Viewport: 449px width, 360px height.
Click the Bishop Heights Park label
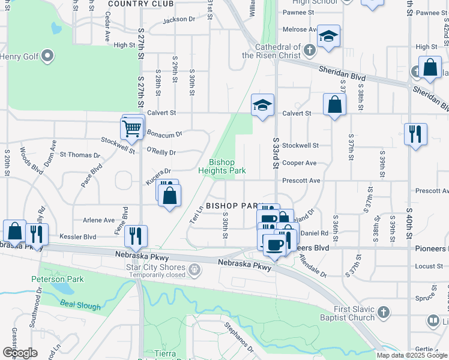pyautogui.click(x=227, y=166)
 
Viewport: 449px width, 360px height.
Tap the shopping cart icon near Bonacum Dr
pyautogui.click(x=132, y=127)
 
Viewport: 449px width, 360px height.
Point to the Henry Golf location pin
pyautogui.click(x=48, y=57)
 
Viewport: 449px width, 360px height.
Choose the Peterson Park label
pyautogui.click(x=58, y=279)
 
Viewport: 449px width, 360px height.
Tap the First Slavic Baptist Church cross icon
pyautogui.click(x=384, y=313)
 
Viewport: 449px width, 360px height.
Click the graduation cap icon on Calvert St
pyautogui.click(x=262, y=105)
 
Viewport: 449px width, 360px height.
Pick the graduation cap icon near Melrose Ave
pyautogui.click(x=328, y=36)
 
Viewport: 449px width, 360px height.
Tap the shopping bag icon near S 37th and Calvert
pyautogui.click(x=334, y=104)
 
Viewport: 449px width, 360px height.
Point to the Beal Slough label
pyautogui.click(x=80, y=306)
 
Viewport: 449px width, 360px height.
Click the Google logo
pyautogui.click(x=20, y=353)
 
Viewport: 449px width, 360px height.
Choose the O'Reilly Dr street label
pyautogui.click(x=161, y=152)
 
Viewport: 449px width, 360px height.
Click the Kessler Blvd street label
pyautogui.click(x=77, y=236)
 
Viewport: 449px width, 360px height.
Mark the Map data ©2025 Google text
pyautogui.click(x=411, y=355)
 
